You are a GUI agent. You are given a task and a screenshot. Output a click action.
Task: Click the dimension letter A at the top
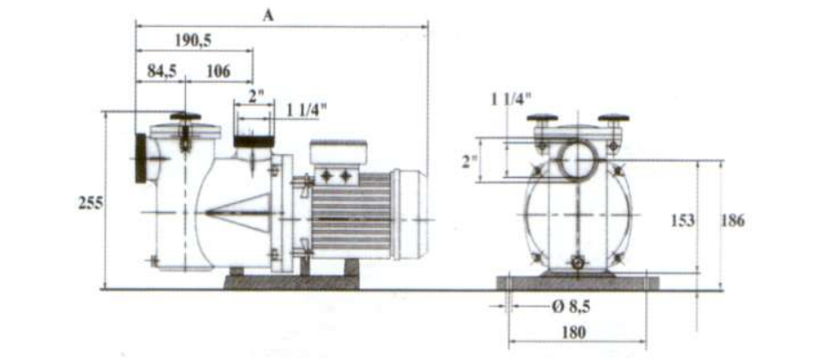[268, 15]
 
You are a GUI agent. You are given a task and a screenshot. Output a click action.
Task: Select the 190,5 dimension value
[193, 41]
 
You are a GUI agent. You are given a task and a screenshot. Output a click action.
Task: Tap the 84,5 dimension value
[162, 71]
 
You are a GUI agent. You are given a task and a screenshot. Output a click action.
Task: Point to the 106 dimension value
[217, 71]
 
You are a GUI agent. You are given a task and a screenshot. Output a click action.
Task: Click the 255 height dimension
[91, 204]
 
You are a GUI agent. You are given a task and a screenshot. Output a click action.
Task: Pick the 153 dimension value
[683, 220]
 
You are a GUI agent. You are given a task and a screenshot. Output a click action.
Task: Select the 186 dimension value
[732, 220]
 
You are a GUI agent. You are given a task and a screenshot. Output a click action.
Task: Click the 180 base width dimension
[574, 333]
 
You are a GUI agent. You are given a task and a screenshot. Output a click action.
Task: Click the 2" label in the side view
[257, 97]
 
